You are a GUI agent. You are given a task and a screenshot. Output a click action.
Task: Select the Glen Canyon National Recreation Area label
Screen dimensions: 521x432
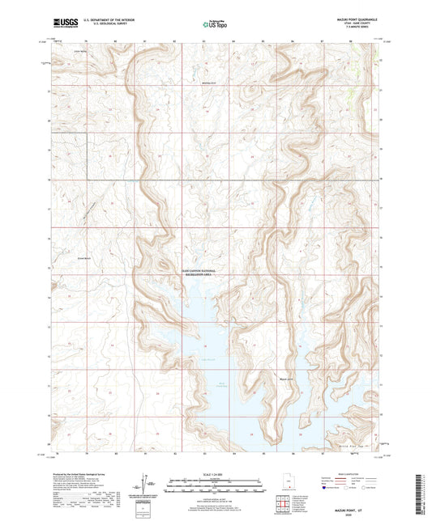(x=194, y=275)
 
